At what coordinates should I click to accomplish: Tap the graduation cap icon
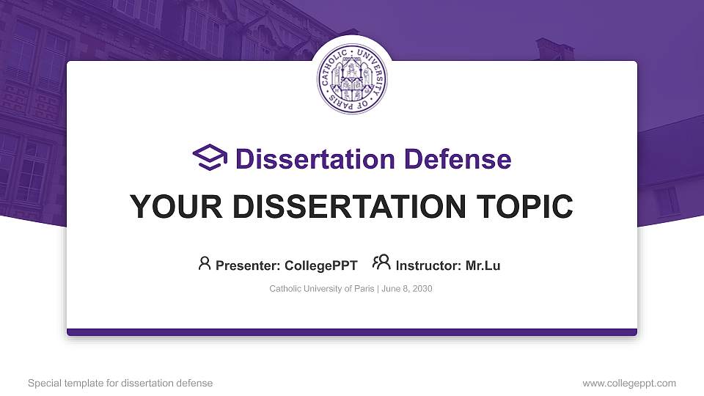point(210,158)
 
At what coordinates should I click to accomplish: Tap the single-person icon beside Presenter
point(205,263)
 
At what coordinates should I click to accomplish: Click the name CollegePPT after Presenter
point(321,265)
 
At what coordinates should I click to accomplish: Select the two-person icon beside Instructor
point(381,263)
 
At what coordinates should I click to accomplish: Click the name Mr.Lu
point(483,265)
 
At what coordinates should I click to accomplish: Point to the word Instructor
point(428,265)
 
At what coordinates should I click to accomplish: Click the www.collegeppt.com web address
point(629,384)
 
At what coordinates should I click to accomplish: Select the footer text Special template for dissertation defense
point(120,384)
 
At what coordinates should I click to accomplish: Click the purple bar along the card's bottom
point(352,332)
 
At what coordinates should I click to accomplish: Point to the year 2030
point(422,289)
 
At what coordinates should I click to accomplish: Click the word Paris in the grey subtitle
point(364,289)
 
